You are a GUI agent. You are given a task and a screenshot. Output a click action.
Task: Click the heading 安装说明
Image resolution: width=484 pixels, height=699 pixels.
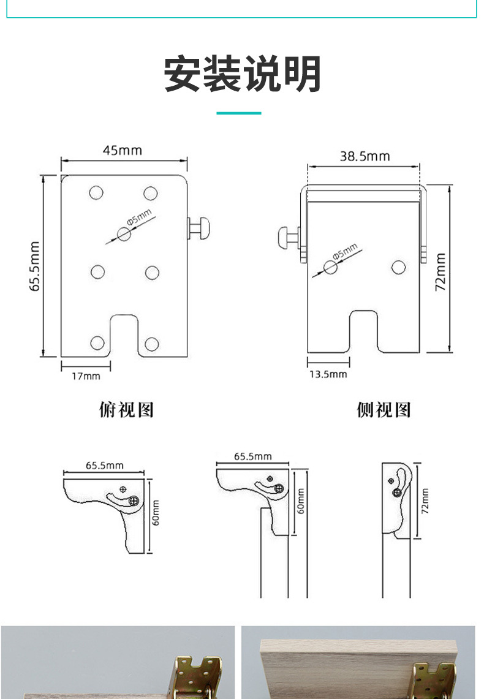[243, 75]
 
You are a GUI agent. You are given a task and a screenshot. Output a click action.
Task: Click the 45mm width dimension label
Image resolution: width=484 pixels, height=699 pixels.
[122, 150]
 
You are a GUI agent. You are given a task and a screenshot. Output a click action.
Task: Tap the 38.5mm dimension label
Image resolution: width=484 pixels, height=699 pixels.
[365, 156]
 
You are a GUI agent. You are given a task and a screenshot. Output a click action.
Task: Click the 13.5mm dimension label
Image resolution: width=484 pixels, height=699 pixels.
[327, 374]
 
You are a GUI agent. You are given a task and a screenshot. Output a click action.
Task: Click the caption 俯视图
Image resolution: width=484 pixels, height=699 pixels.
[126, 409]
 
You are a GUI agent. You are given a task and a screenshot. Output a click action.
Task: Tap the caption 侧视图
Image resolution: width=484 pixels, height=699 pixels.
[384, 409]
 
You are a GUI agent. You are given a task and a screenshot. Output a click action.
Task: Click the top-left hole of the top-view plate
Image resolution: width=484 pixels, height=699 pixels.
[96, 193]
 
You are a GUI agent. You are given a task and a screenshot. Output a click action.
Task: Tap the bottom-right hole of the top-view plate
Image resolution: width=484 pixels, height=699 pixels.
[151, 344]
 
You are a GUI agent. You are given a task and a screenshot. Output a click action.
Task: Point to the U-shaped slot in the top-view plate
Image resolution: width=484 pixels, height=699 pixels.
[124, 334]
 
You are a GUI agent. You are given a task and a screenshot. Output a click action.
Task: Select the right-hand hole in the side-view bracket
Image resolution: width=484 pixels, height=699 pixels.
[398, 267]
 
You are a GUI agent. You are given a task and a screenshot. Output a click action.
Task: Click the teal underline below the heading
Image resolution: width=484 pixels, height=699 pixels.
[239, 113]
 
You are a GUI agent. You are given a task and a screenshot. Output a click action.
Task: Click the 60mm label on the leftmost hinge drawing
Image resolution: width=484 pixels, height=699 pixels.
[156, 512]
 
